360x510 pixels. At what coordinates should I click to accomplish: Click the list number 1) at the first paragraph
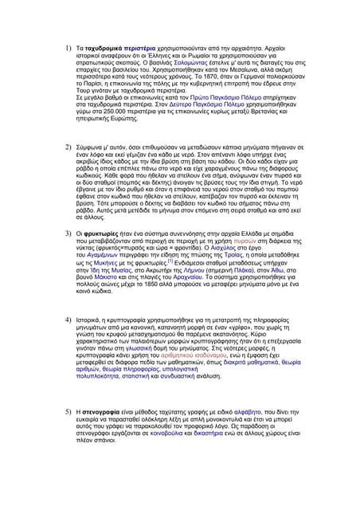(x=69, y=49)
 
